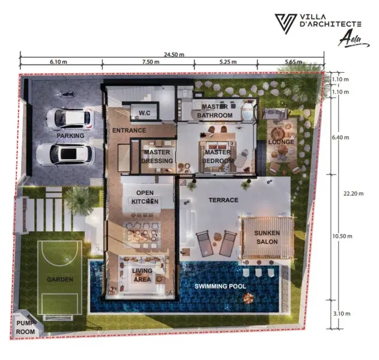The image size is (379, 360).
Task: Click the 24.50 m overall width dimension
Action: (174, 55)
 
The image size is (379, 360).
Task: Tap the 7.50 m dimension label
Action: (151, 62)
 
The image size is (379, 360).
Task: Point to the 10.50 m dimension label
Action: (342, 236)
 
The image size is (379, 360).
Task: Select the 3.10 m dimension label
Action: (342, 314)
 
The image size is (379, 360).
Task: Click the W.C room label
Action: (145, 113)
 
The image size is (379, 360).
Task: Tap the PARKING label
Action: (70, 136)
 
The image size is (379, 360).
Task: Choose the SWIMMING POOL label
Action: (220, 286)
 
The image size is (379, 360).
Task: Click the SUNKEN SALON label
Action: (267, 238)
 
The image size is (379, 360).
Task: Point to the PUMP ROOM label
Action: (25, 328)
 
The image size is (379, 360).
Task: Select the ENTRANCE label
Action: (129, 130)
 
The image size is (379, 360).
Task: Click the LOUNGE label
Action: (281, 142)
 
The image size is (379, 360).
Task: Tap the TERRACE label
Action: (223, 200)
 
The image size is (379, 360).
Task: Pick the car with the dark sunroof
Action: (65, 154)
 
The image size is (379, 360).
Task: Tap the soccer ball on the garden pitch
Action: (67, 259)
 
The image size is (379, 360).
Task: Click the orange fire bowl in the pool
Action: (248, 298)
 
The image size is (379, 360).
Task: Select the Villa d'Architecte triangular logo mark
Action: (286, 23)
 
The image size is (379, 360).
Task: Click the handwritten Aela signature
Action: (353, 40)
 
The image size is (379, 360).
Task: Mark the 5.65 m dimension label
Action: (294, 62)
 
